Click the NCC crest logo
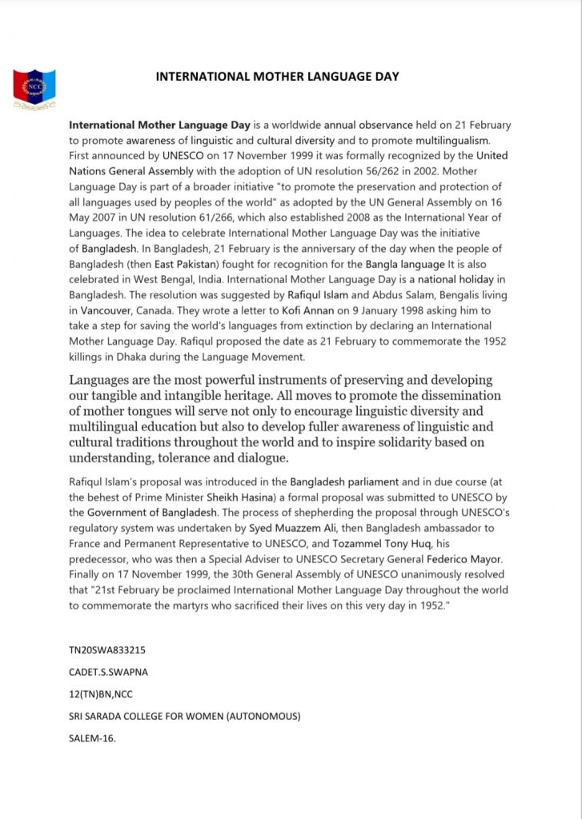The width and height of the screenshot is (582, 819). (34, 89)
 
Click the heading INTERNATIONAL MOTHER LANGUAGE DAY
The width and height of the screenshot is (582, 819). (277, 77)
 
